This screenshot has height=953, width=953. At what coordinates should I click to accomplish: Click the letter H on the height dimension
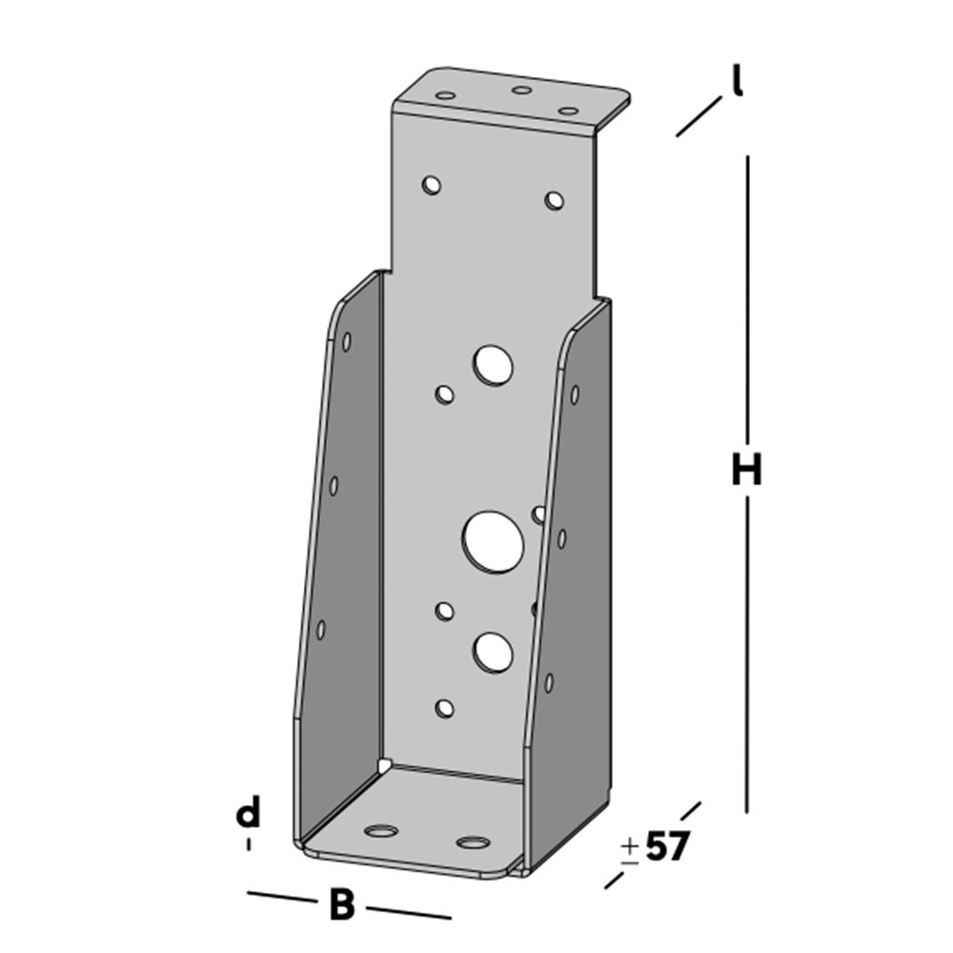747,470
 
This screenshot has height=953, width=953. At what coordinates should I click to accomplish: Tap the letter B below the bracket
341,905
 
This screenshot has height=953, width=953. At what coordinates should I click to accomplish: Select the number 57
666,846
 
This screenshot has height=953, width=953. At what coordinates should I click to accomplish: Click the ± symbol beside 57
629,850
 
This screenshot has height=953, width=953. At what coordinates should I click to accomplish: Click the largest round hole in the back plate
493,541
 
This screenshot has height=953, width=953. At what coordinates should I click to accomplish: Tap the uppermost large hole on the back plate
493,365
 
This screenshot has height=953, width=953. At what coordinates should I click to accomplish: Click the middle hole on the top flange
521,91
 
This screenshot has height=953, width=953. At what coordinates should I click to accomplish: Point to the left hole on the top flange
445,95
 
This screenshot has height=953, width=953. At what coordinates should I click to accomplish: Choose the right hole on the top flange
568,111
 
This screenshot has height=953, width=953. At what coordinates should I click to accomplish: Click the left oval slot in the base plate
382,831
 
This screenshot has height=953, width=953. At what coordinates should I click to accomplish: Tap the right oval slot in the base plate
473,842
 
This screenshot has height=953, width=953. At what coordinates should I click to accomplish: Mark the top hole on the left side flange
346,340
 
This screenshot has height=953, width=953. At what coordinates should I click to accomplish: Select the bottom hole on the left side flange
321,629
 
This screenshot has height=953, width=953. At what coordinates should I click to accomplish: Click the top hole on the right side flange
574,394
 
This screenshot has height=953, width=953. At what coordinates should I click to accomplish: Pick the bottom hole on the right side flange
549,682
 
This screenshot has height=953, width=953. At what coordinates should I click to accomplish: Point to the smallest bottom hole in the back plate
443,707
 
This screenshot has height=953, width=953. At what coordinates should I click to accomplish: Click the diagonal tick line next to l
699,116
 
